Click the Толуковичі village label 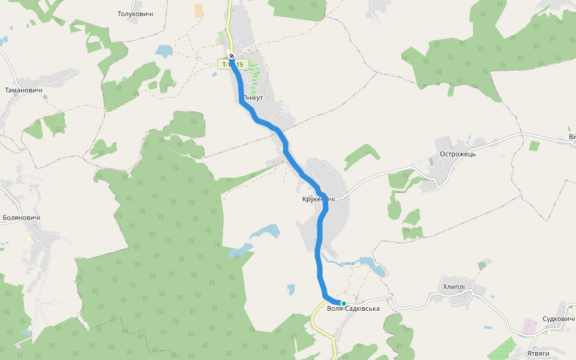[135, 14]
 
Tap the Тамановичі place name [24, 91]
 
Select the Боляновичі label [22, 218]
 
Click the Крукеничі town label [318, 199]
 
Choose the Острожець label [458, 154]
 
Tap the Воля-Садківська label [354, 309]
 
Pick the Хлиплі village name [454, 286]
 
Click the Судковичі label [559, 319]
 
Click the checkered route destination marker [232, 56]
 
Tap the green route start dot [344, 303]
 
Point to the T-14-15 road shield [232, 64]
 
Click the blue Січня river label [347, 264]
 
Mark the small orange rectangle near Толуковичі [199, 11]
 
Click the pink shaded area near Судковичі [529, 326]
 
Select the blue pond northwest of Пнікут [163, 51]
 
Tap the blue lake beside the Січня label [377, 269]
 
